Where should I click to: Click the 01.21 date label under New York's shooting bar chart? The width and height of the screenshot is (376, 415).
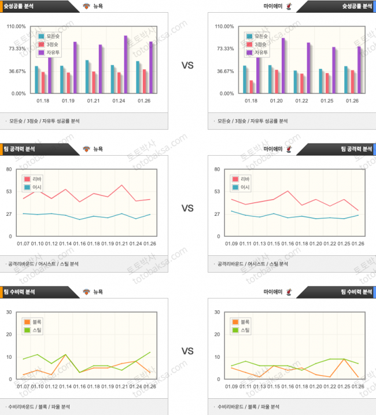tap(94, 101)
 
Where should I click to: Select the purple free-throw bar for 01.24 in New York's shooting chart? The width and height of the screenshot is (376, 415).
tap(125, 64)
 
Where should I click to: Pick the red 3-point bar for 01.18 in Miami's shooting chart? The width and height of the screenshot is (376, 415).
tap(251, 86)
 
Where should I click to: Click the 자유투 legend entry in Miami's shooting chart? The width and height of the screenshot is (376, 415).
tap(261, 53)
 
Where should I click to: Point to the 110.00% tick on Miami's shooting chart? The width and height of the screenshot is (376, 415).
tap(223, 27)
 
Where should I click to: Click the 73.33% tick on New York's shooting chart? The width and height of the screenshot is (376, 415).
tap(16, 49)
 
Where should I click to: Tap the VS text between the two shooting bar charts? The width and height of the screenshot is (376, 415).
tap(187, 66)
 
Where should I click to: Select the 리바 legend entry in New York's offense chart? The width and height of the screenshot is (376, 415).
tap(35, 179)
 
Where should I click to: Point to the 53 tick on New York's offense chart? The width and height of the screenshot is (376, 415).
tap(9, 192)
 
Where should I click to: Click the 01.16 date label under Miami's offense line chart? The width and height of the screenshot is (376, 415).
tap(287, 244)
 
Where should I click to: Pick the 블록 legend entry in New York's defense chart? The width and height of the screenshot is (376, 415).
tap(35, 322)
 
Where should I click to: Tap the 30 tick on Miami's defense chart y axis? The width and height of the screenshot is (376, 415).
tap(218, 312)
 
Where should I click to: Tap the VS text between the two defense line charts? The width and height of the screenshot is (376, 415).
tap(187, 351)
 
